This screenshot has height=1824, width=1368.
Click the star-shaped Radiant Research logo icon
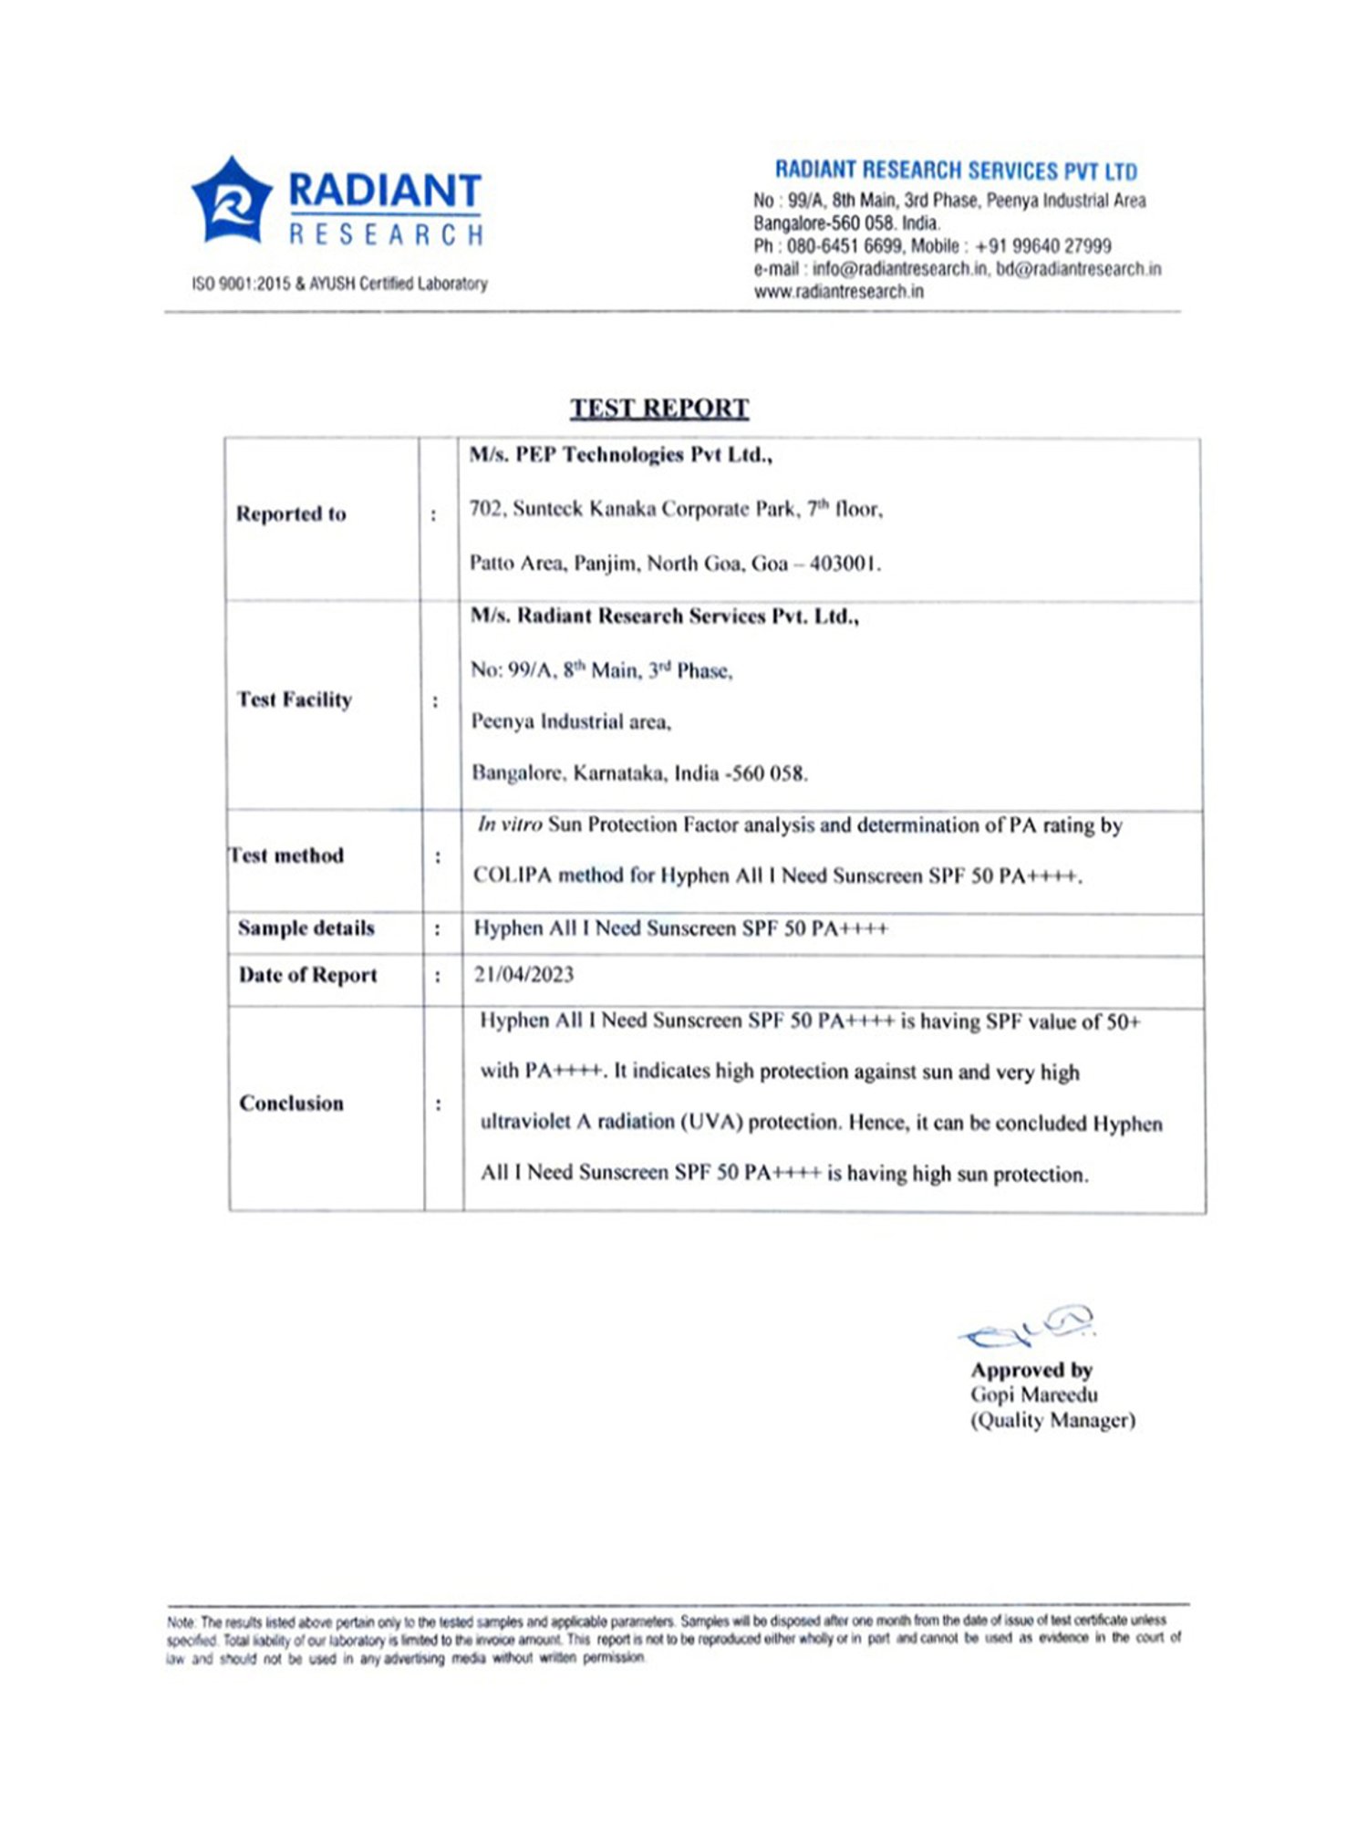[x=232, y=201]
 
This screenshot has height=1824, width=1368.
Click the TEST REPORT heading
[x=659, y=408]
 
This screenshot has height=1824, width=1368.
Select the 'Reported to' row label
[x=291, y=514]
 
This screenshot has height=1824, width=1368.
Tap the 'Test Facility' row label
[x=294, y=700]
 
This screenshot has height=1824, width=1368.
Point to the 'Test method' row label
[x=286, y=855]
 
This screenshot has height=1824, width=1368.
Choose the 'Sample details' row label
[x=306, y=928]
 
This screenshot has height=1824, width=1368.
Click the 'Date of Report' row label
[x=307, y=975]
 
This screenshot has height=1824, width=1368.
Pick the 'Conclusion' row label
[x=291, y=1104]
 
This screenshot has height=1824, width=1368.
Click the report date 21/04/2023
[x=523, y=974]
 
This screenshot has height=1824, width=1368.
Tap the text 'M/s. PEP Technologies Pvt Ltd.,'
[x=620, y=455]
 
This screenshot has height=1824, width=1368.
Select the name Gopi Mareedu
[x=1033, y=1394]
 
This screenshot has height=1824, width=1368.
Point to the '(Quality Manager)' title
[x=1052, y=1420]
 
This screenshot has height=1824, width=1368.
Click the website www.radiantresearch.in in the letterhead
[x=838, y=292]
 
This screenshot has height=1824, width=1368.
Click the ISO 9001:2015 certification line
[x=339, y=284]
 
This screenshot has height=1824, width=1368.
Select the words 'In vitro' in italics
[x=510, y=824]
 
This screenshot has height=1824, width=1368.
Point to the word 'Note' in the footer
[x=181, y=1622]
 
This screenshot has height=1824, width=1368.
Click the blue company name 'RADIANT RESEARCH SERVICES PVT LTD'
[x=956, y=171]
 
